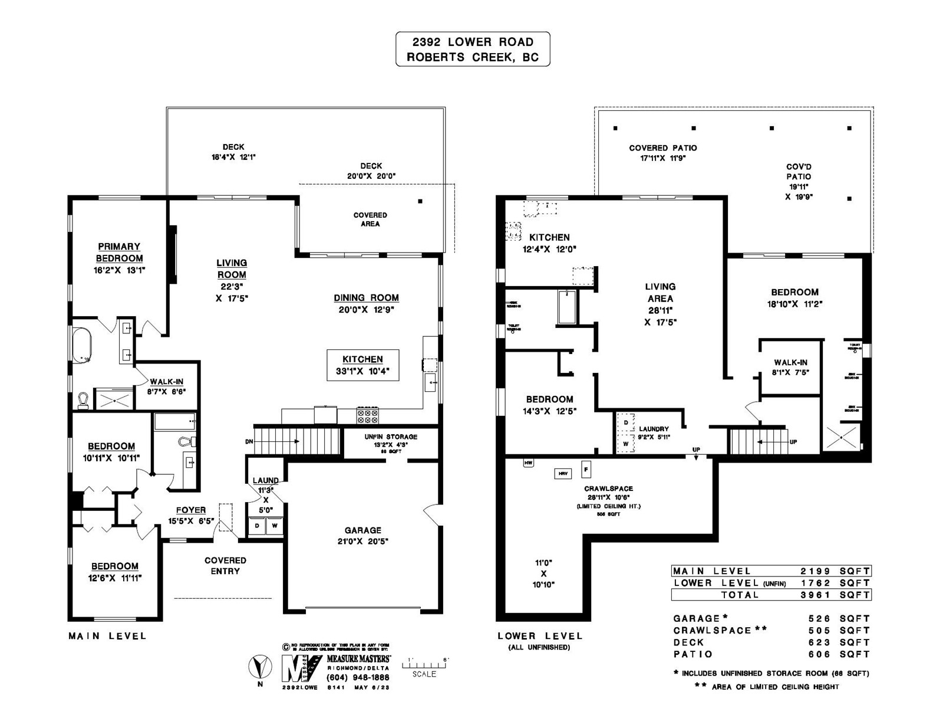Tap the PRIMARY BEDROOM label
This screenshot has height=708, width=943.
click(x=120, y=253)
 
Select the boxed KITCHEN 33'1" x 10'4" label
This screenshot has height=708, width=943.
click(x=363, y=365)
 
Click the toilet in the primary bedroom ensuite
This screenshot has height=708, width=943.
click(x=83, y=401)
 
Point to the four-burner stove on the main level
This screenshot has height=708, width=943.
click(x=367, y=416)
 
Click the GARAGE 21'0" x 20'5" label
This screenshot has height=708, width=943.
click(x=363, y=536)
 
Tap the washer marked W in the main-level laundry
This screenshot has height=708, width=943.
click(x=275, y=525)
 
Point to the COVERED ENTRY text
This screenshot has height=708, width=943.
click(x=225, y=565)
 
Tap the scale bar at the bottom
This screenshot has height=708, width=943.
click(x=425, y=665)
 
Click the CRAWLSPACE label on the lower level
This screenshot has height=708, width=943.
click(x=608, y=489)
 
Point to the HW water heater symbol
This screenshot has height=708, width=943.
click(x=528, y=463)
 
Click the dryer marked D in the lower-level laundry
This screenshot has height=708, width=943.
click(x=625, y=423)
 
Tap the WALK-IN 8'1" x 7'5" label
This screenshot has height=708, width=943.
click(x=790, y=367)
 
